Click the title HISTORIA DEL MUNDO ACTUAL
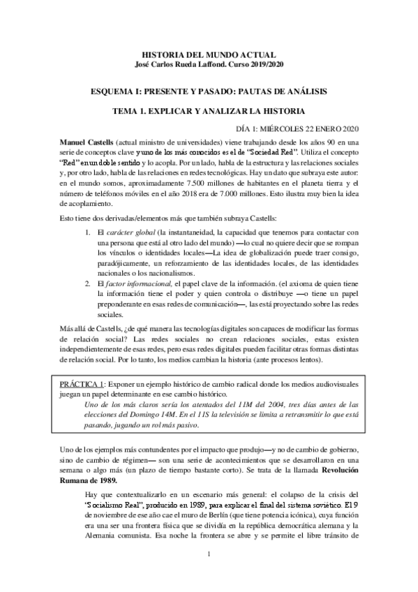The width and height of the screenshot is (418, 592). click(209, 54)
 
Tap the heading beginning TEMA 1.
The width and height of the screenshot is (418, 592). click(209, 110)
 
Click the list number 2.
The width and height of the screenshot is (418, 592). click(87, 284)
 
